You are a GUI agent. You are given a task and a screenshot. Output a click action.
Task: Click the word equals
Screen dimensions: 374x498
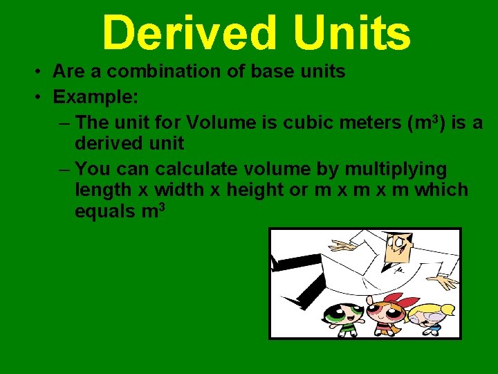[105, 212]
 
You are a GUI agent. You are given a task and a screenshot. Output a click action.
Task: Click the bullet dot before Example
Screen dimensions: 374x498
[41, 97]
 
